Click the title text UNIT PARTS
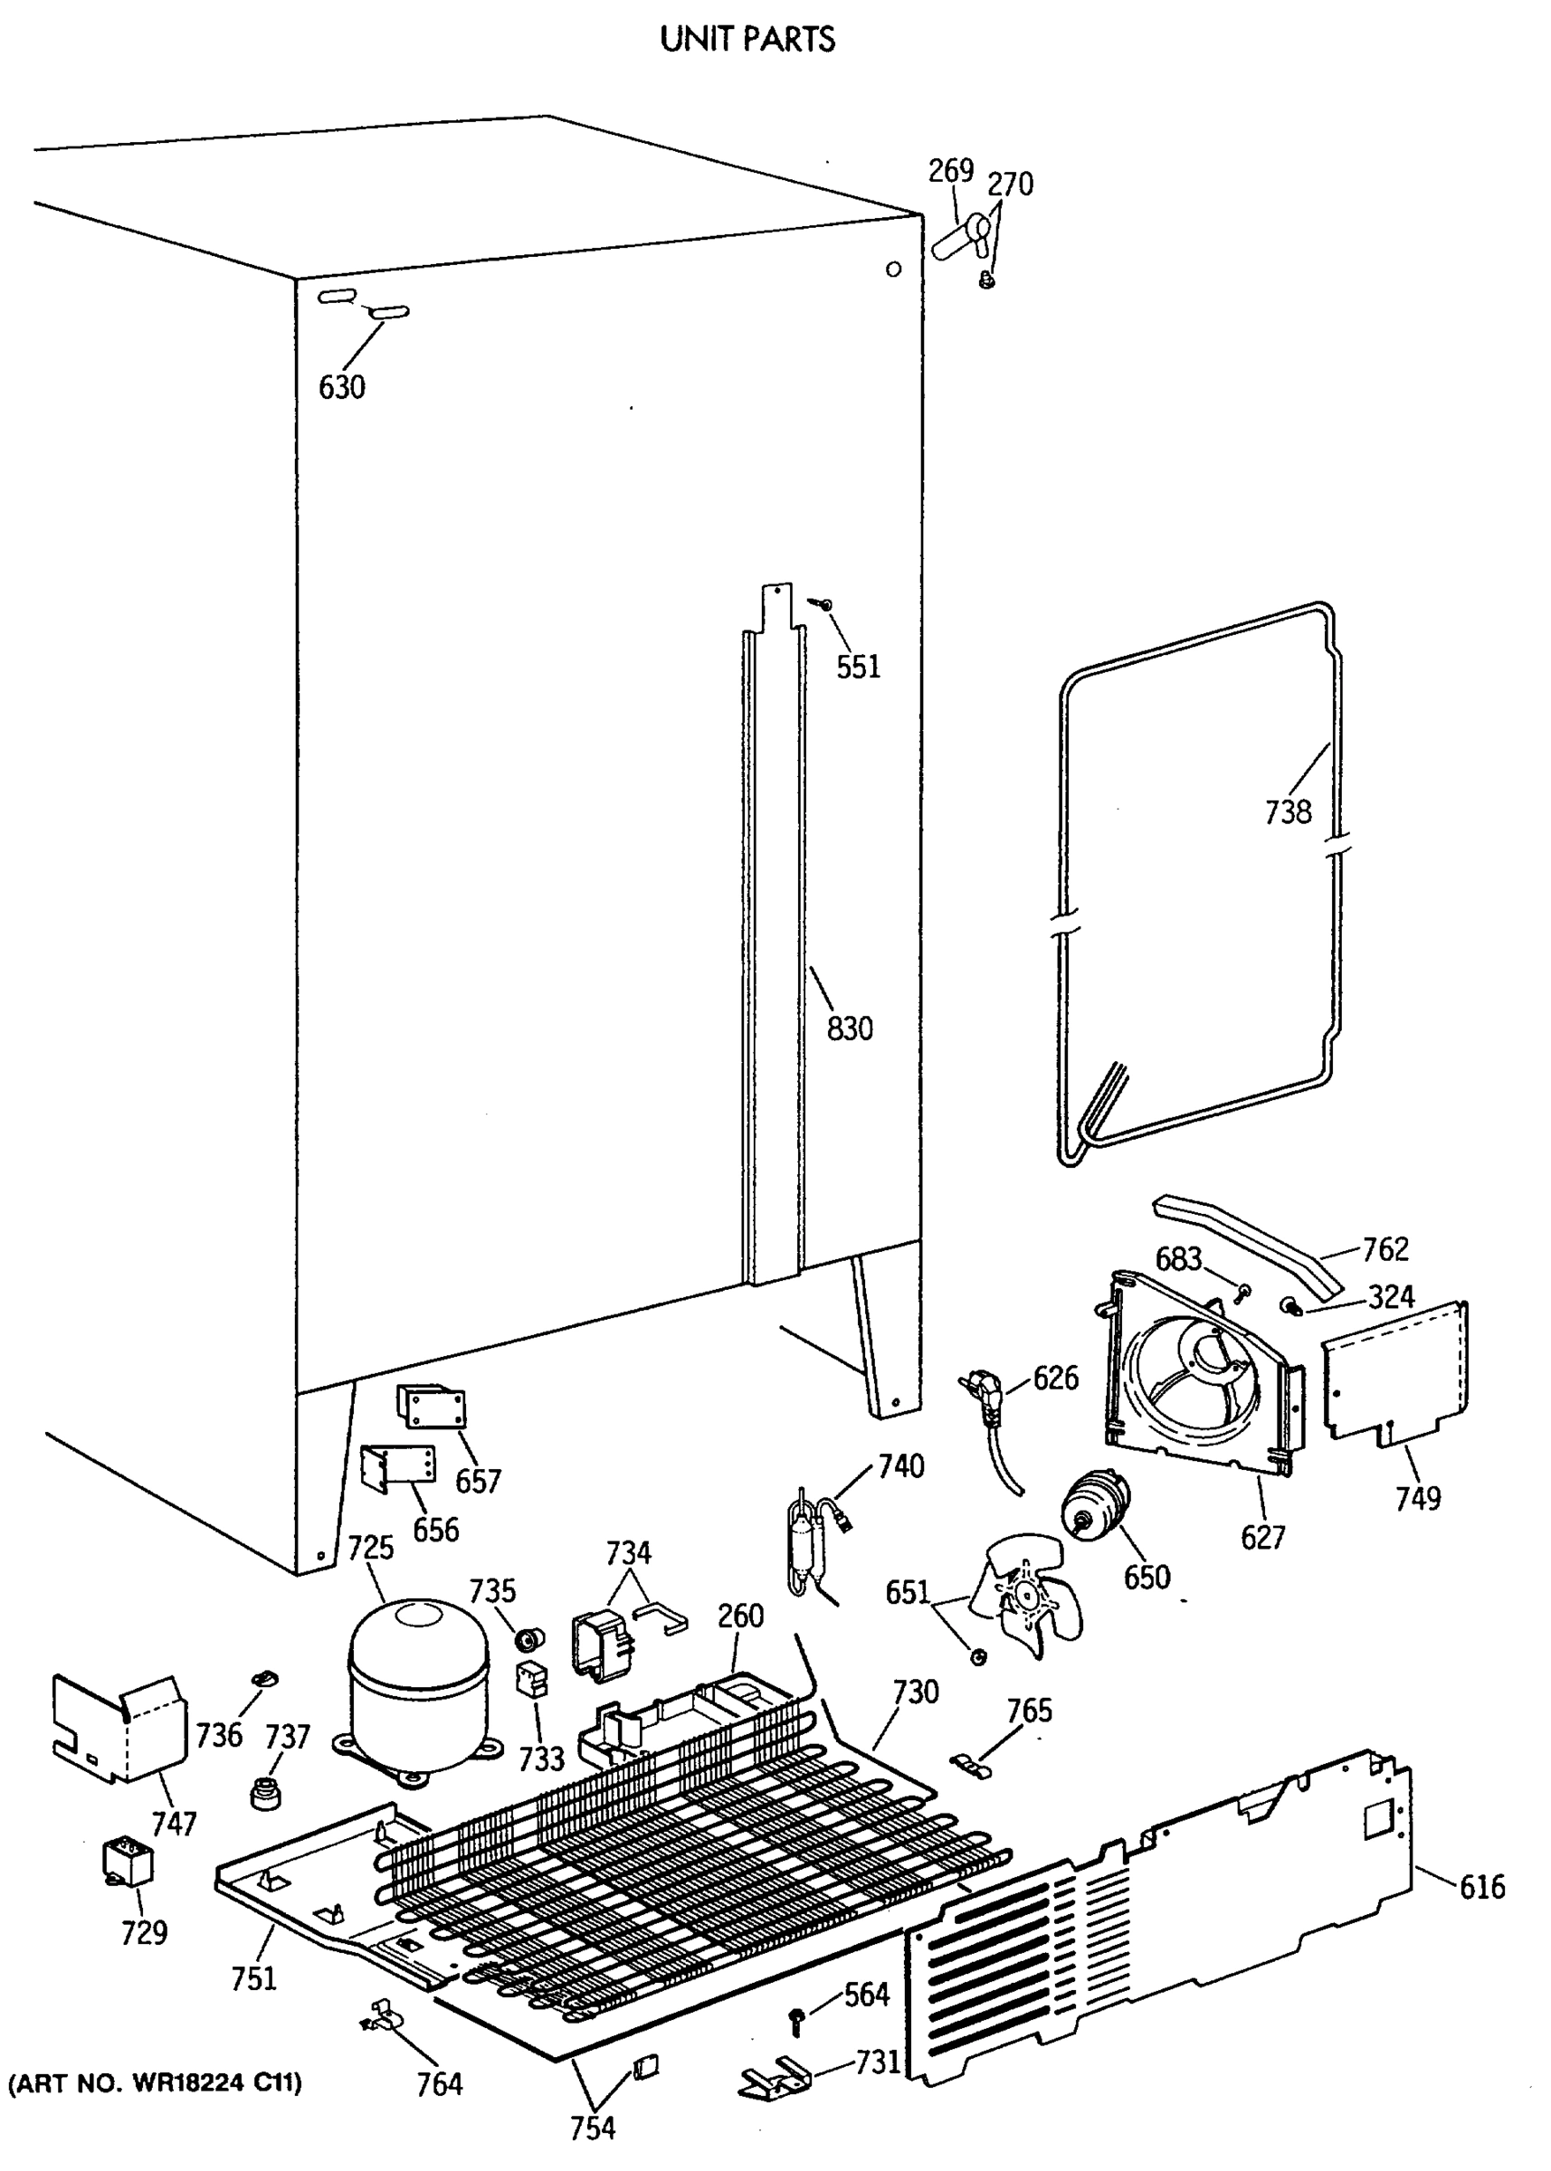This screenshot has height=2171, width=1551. pos(747,39)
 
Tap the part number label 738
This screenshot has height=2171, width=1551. pos(1288,812)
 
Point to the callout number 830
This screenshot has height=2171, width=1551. pos(849,1029)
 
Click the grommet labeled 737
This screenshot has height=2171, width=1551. pos(265,1792)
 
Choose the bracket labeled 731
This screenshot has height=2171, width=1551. pos(775,2078)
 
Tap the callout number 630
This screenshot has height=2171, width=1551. pos(341,387)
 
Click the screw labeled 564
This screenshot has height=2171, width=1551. pos(795,2018)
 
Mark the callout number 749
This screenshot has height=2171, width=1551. pos(1417,1499)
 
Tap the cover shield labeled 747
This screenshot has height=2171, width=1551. pos(119,1729)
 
